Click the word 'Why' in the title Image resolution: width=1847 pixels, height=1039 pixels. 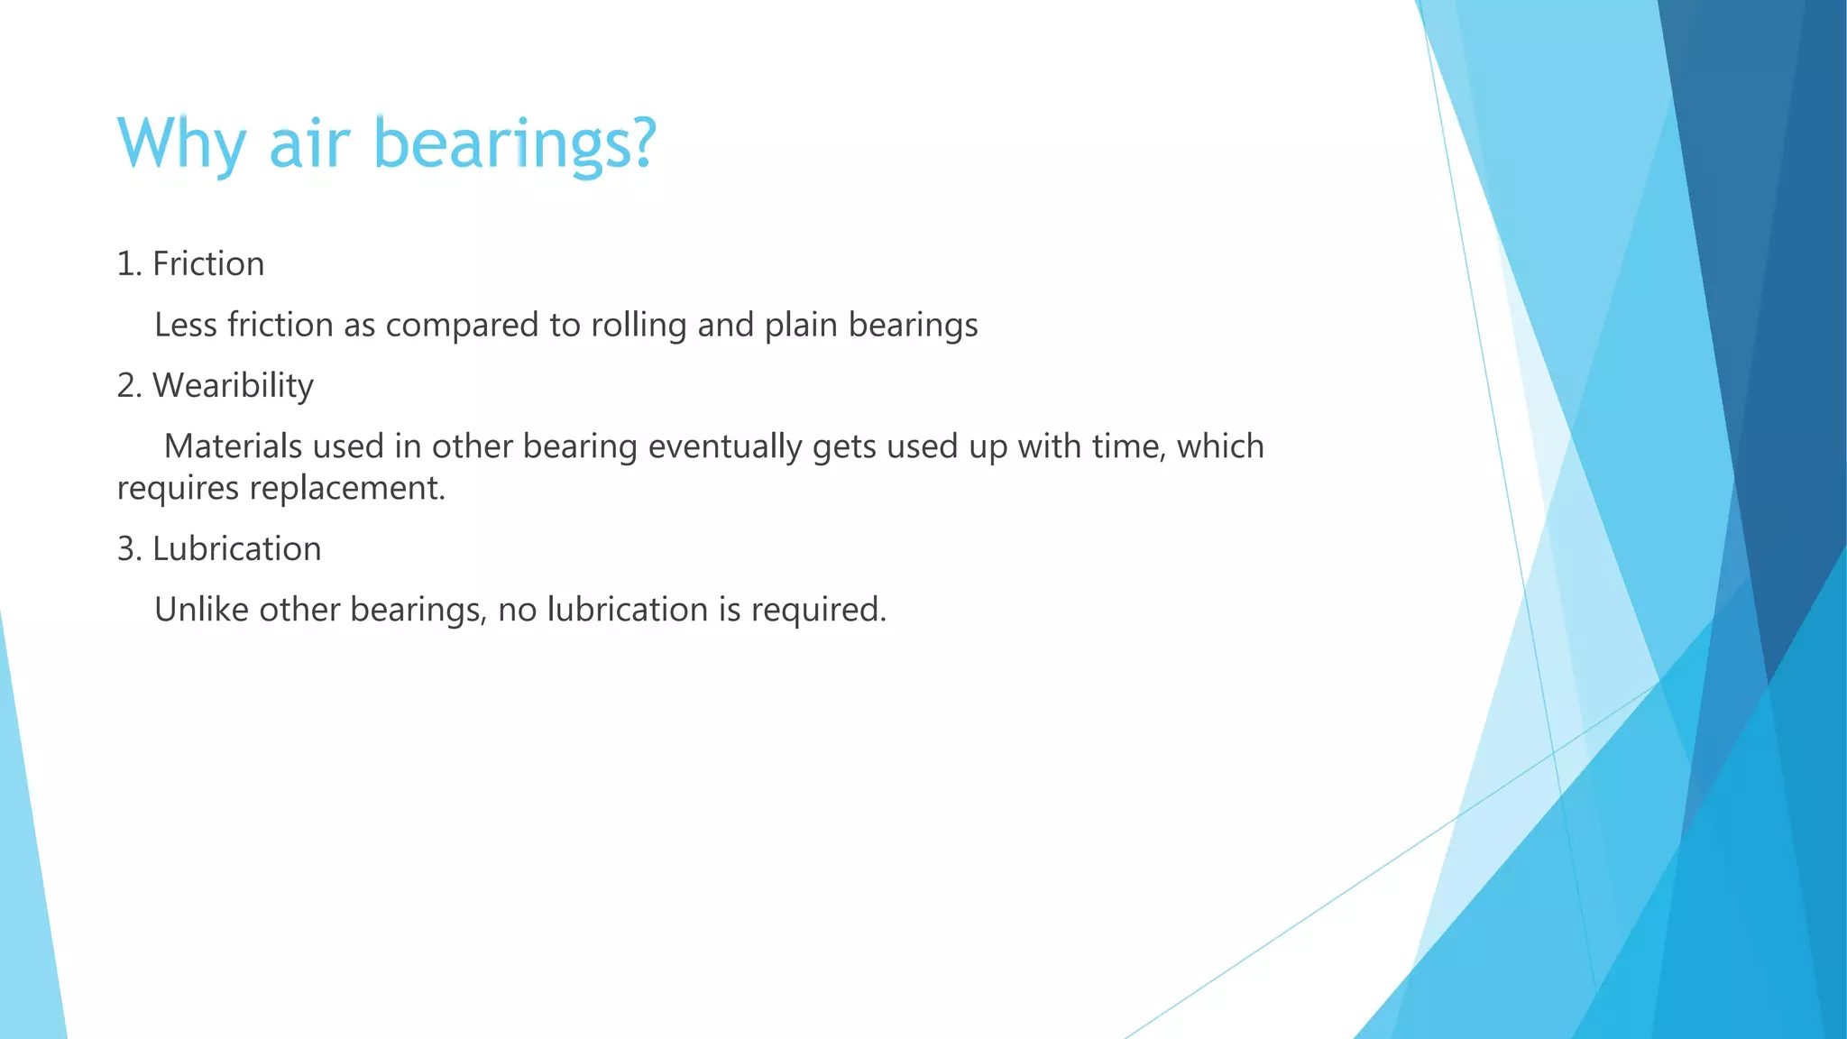pyautogui.click(x=181, y=143)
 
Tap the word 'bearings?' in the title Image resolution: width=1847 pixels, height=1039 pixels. pyautogui.click(x=514, y=143)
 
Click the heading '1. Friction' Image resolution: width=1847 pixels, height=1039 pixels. pyautogui.click(x=190, y=264)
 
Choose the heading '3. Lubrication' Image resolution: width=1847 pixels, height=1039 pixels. pyautogui.click(x=218, y=549)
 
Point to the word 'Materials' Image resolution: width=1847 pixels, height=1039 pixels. pyautogui.click(x=233, y=446)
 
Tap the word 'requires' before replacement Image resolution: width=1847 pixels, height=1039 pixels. pyautogui.click(x=178, y=489)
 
